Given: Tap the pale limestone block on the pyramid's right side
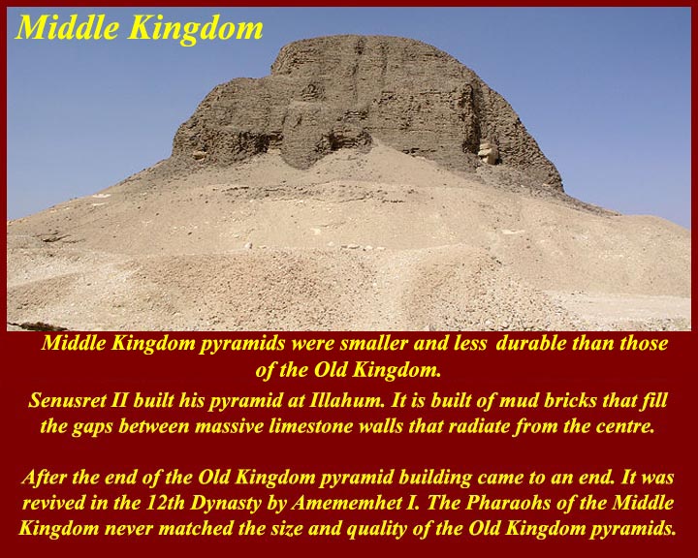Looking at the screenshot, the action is coord(489,153).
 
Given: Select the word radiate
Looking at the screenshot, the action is coord(479,426).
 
